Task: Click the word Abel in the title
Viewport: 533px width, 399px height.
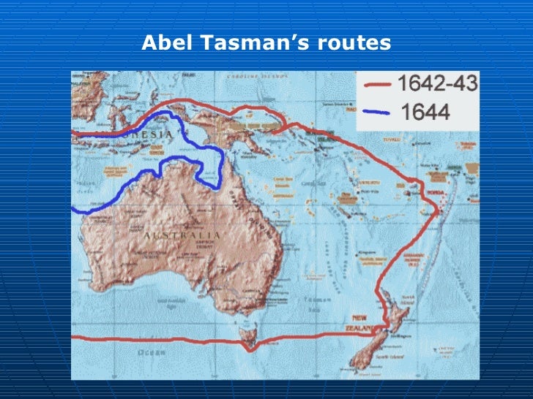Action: pos(163,44)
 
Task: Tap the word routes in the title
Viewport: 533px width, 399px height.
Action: pos(354,44)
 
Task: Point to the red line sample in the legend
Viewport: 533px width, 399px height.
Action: pos(378,85)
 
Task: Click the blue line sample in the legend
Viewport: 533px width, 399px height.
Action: pos(378,113)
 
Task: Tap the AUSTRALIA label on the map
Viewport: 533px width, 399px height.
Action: pos(182,236)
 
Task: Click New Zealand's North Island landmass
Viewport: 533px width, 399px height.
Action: pos(392,310)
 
